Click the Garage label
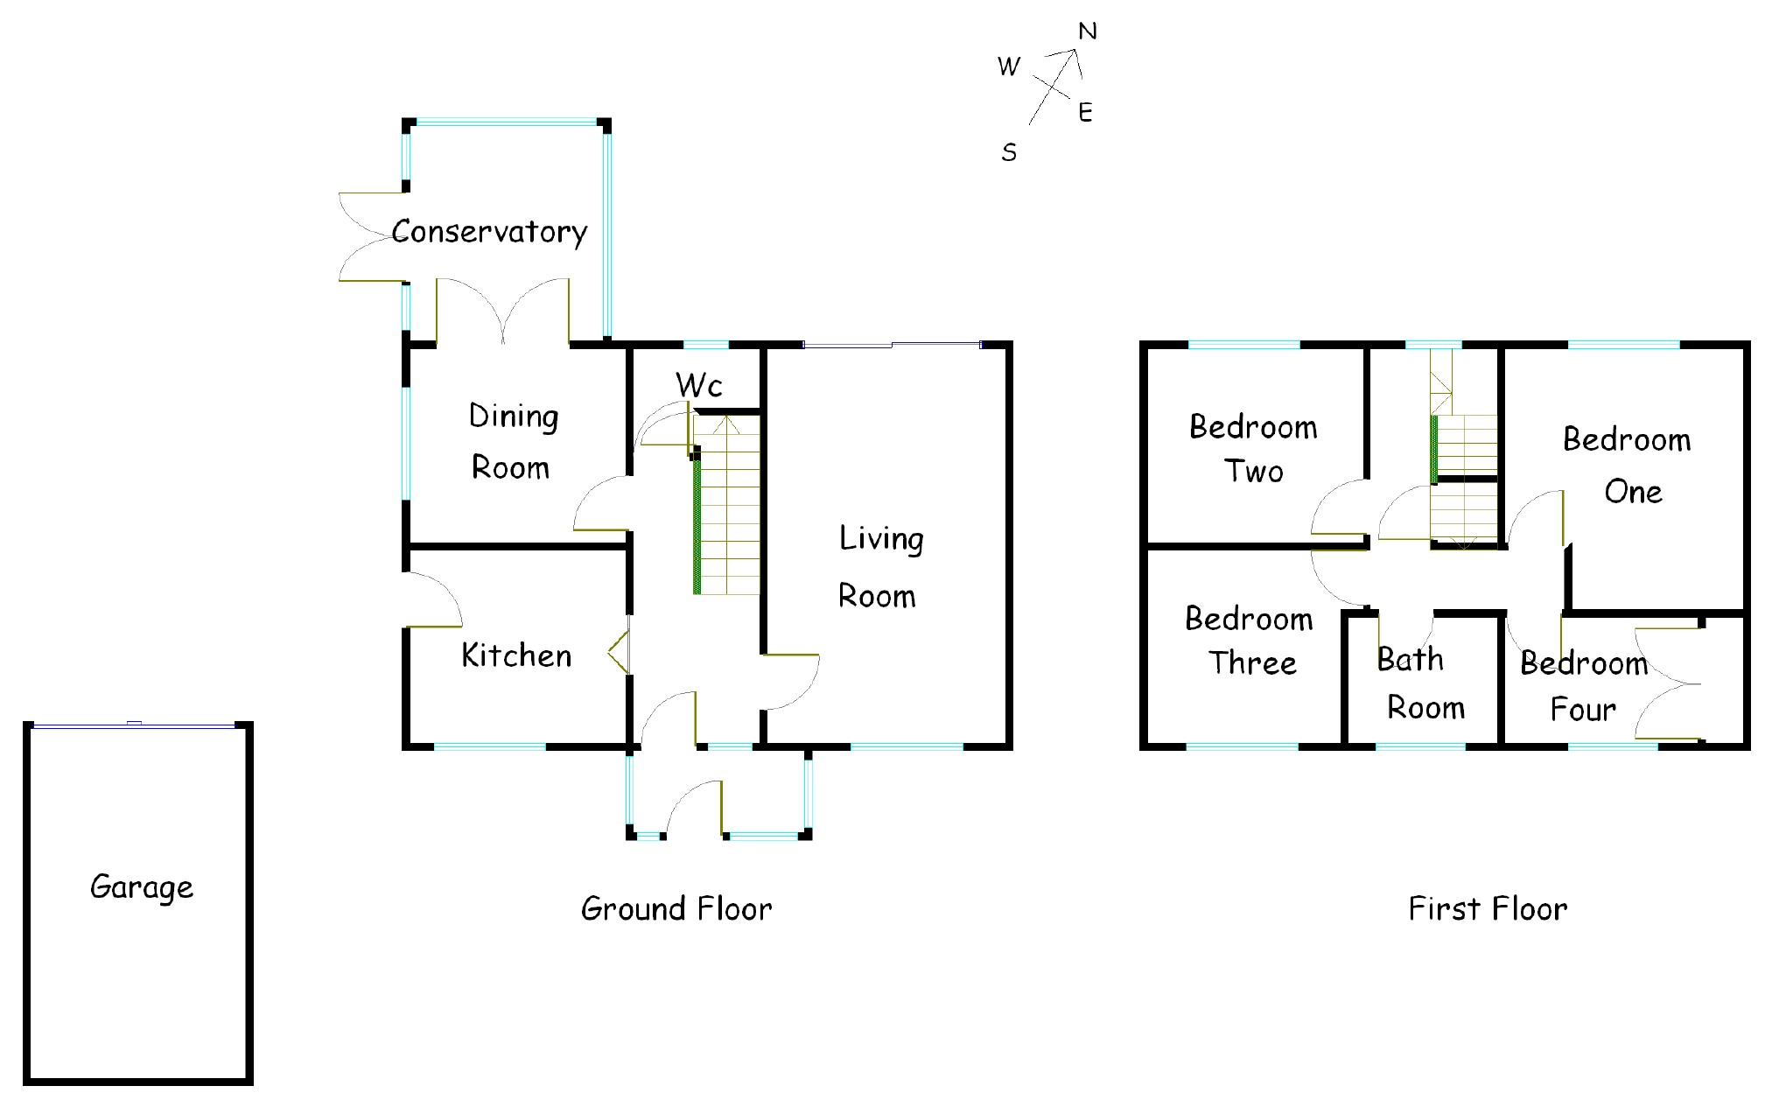(x=142, y=887)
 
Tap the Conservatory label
(x=489, y=232)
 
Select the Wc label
(x=698, y=384)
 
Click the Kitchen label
(x=516, y=655)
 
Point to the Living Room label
(x=879, y=567)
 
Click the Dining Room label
(x=513, y=442)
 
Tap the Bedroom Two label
(x=1253, y=449)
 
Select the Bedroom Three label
(x=1250, y=641)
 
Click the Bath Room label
(x=1419, y=683)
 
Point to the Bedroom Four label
(x=1584, y=686)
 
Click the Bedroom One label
(x=1628, y=466)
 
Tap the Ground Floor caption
(x=676, y=909)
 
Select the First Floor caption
(x=1488, y=909)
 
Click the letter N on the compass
(x=1088, y=32)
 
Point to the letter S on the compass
(x=1009, y=153)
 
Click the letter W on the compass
(x=1009, y=67)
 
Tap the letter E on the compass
(x=1085, y=113)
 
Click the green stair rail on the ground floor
(x=697, y=525)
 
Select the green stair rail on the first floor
(x=1433, y=450)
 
